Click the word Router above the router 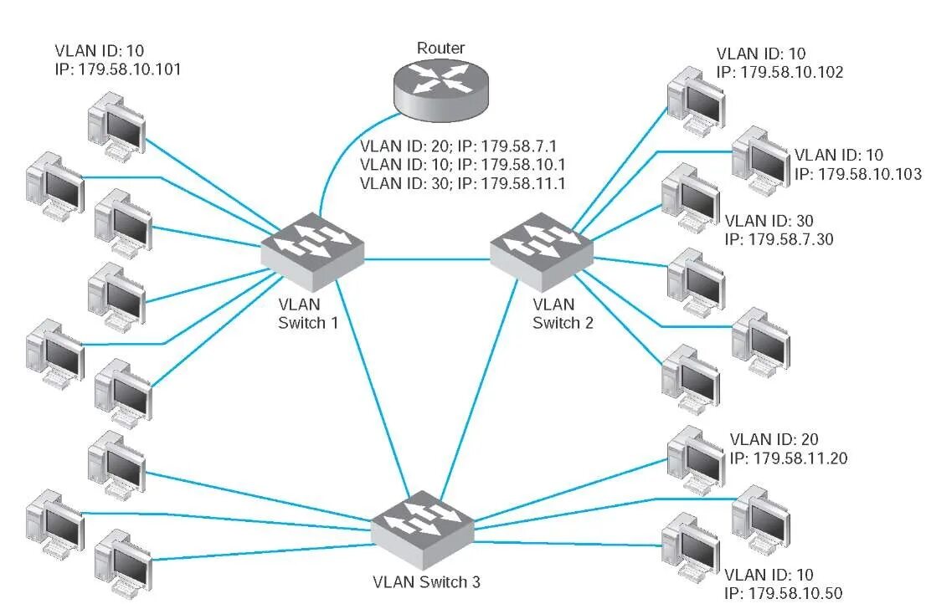click(x=440, y=48)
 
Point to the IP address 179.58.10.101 click(x=129, y=70)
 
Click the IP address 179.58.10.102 click(x=790, y=73)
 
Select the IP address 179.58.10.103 click(x=869, y=174)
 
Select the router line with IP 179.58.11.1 click(x=460, y=182)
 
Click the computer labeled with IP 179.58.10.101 click(x=117, y=124)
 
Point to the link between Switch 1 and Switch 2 click(x=427, y=258)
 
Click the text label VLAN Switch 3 click(x=426, y=581)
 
